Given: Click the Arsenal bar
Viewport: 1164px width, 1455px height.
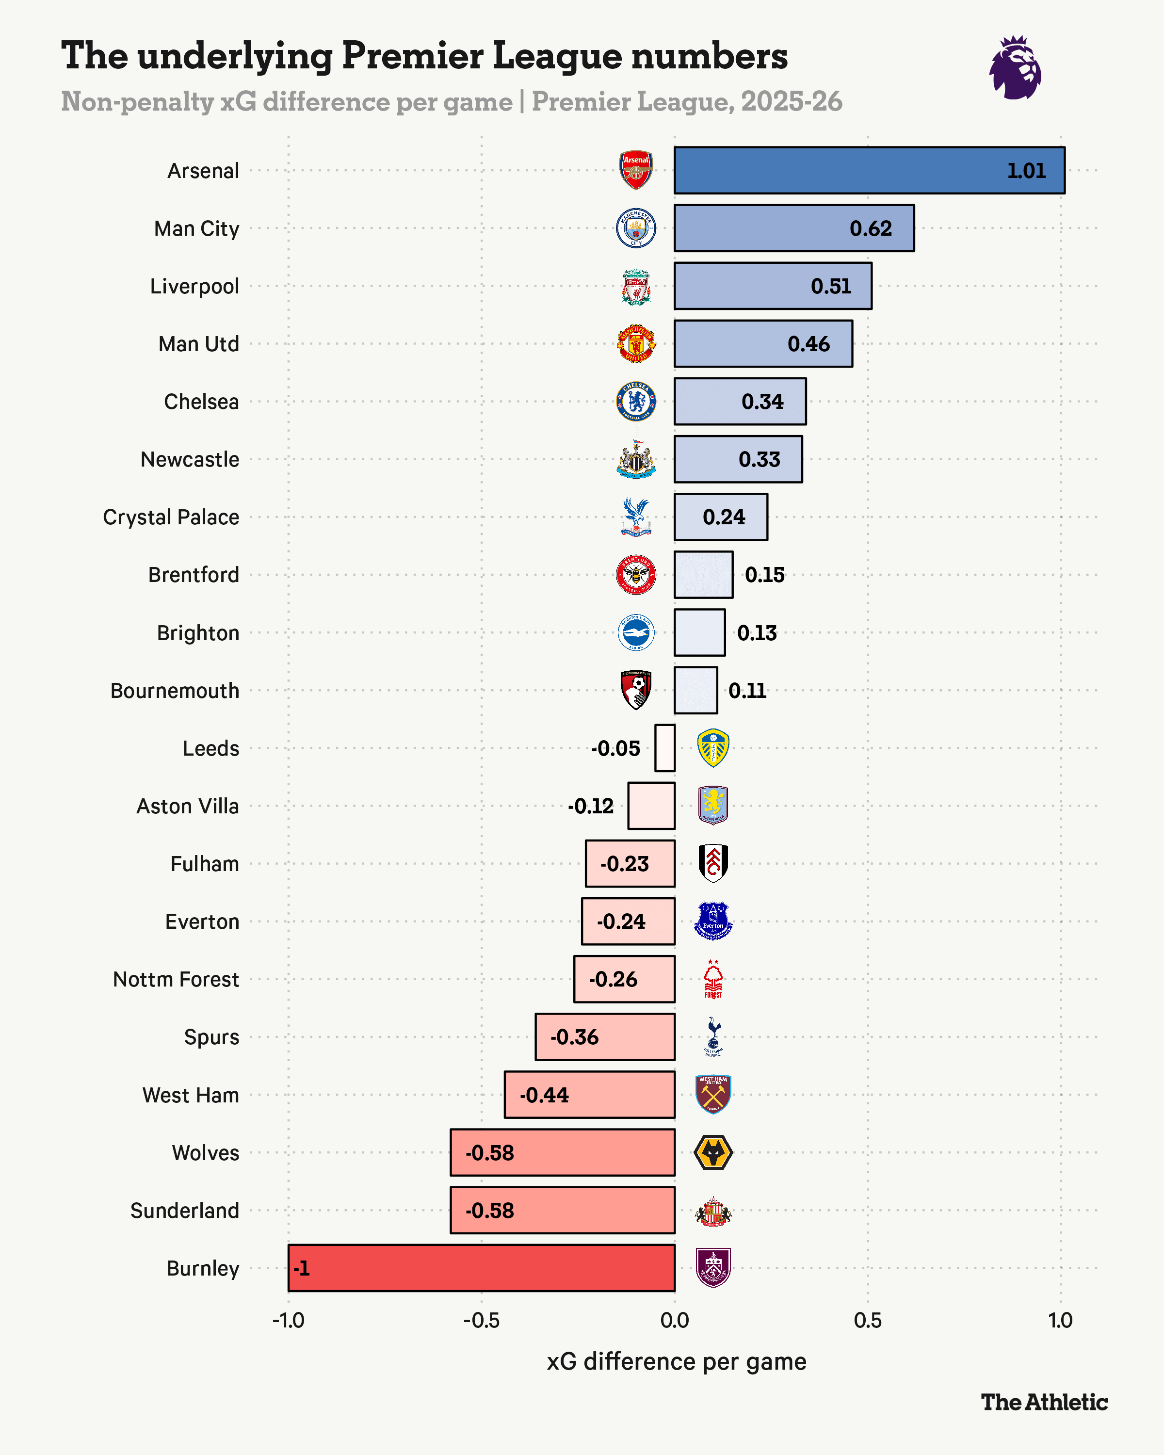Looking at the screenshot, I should [869, 170].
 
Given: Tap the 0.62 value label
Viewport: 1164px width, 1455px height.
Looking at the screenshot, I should [871, 229].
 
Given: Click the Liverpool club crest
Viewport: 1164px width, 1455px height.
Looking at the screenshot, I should [636, 286].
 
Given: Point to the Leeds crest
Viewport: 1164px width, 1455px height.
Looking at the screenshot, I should [712, 748].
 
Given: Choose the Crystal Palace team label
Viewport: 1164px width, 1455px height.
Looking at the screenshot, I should [171, 517].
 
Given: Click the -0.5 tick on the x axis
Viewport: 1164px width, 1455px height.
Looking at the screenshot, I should [481, 1320].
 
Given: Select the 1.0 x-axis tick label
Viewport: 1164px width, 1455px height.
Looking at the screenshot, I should [1060, 1320].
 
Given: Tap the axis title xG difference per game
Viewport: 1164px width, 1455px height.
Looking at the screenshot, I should [676, 1361].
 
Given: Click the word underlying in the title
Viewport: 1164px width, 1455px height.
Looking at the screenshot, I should [234, 57].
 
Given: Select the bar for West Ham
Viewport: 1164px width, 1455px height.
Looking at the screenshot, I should [589, 1095].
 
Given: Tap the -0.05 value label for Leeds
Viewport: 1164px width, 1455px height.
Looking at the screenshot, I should [615, 748].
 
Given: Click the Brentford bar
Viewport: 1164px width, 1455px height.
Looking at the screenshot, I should [703, 574].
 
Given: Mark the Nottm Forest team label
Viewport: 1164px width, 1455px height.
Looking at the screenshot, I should [176, 979].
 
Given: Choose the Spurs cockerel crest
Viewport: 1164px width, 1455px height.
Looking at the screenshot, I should [712, 1036].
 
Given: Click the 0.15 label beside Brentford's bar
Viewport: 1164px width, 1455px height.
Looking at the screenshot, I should [764, 575].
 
